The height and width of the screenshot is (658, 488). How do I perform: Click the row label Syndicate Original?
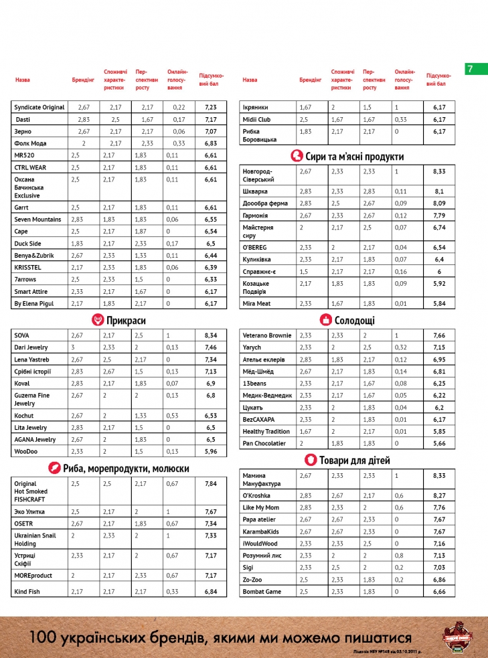pos(39,107)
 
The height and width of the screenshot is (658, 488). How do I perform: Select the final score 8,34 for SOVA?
pos(211,335)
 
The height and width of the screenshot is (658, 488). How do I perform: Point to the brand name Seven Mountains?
pos(37,220)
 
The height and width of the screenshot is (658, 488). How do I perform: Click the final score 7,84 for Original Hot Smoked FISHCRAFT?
pos(211,484)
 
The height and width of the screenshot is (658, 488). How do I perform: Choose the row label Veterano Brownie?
pos(266,335)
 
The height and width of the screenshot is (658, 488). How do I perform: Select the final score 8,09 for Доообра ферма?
pos(439,203)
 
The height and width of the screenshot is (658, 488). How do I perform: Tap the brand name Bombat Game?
pos(262,592)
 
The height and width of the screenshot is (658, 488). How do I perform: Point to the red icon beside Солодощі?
pos(325,321)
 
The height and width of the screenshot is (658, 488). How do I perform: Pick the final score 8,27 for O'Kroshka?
pos(439,495)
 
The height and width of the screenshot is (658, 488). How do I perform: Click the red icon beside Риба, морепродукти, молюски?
pos(50,469)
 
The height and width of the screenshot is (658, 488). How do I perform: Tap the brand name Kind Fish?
pos(28,592)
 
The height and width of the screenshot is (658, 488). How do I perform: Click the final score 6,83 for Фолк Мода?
pos(211,143)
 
